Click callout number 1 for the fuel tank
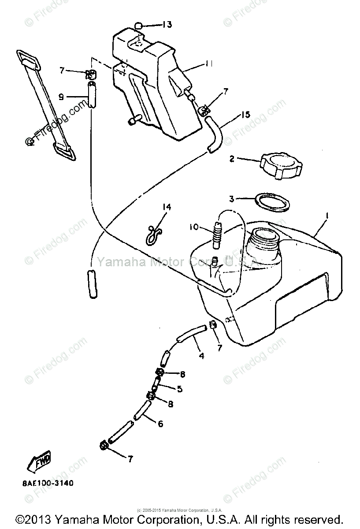click(x=327, y=216)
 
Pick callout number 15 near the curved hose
click(x=245, y=115)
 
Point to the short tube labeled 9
click(x=92, y=94)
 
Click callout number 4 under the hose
click(x=201, y=355)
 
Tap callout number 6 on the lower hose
click(x=160, y=424)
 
